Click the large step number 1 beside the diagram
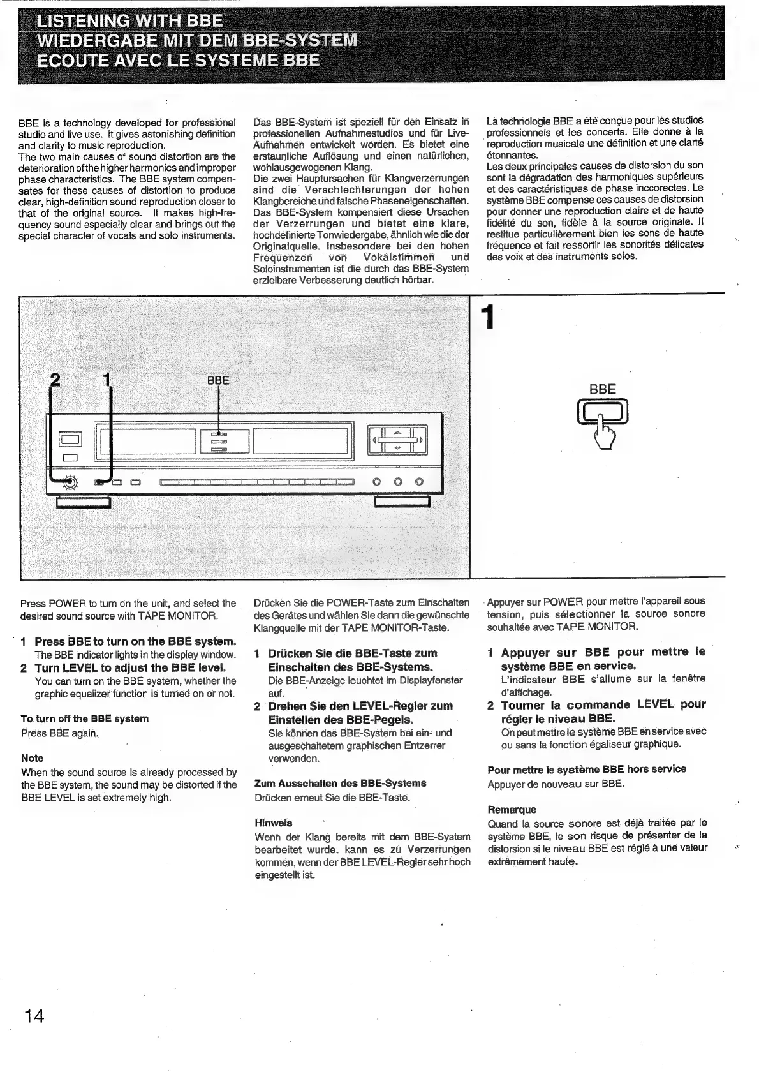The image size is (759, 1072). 488,318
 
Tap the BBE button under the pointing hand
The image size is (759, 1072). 603,409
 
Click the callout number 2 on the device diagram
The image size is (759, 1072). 55,381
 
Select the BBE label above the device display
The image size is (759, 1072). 218,380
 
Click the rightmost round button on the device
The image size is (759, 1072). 419,482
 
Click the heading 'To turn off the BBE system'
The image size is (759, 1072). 85,718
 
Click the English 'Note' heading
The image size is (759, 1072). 33,758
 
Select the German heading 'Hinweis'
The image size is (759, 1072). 273,823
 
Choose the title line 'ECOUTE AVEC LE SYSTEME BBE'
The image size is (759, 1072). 179,61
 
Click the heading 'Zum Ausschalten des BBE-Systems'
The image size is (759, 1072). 340,783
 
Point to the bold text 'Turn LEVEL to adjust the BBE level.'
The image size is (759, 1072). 130,667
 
